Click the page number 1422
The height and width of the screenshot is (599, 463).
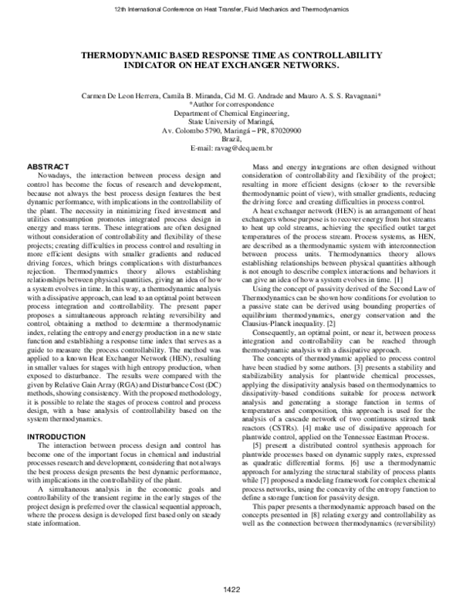coord(231,591)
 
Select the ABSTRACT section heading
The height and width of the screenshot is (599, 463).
coord(48,168)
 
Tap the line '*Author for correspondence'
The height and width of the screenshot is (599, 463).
coord(231,103)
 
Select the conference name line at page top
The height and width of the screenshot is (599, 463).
coord(231,9)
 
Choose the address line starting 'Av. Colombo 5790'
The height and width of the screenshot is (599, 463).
coord(231,130)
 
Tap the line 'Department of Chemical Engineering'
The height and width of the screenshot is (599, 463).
coord(231,112)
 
